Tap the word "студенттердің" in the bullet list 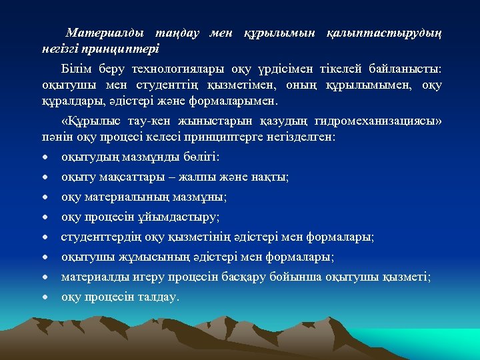click(99, 237)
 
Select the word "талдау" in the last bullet click(157, 297)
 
